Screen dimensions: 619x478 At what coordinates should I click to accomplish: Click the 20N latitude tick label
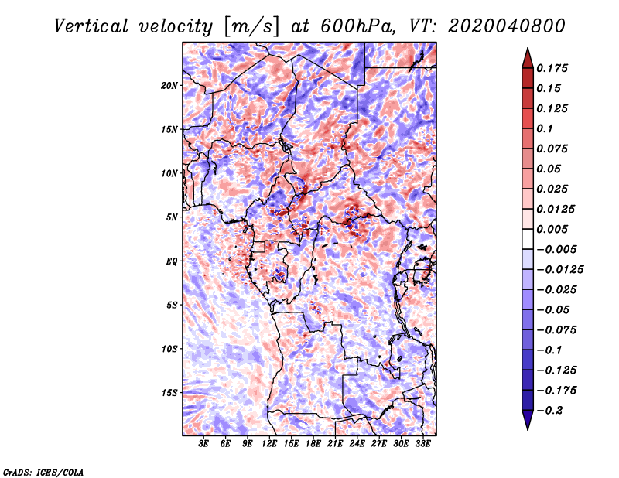tap(169, 86)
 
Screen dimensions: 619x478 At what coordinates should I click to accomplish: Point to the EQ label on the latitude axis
tap(171, 261)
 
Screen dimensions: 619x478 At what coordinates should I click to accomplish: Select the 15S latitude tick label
tap(169, 393)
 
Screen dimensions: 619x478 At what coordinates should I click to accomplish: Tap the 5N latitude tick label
tap(172, 217)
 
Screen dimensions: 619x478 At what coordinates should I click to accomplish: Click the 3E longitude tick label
tap(203, 444)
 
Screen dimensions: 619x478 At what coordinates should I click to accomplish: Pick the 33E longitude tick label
tap(422, 444)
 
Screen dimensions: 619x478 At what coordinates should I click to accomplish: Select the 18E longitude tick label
tap(313, 444)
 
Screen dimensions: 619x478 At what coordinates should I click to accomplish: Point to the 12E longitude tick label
tap(269, 444)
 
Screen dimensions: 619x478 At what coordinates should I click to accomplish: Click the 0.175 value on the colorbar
tap(552, 68)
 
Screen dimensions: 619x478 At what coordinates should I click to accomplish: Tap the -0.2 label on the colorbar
tap(549, 411)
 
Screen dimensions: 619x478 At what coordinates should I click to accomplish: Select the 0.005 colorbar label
tap(552, 229)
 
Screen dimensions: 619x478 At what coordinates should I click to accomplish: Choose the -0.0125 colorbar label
tap(559, 270)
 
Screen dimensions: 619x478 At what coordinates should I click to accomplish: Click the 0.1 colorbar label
tap(545, 128)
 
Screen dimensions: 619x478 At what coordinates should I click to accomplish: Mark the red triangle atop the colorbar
tap(528, 58)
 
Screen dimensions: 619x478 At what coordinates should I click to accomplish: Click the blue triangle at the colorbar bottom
tap(528, 420)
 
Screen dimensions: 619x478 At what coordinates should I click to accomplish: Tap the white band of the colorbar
tap(528, 239)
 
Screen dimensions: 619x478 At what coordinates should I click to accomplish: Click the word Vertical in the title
tap(91, 26)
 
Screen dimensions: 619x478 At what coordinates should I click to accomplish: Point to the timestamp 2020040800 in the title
tap(507, 26)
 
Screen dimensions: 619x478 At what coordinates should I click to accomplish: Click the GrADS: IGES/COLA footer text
tap(43, 472)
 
